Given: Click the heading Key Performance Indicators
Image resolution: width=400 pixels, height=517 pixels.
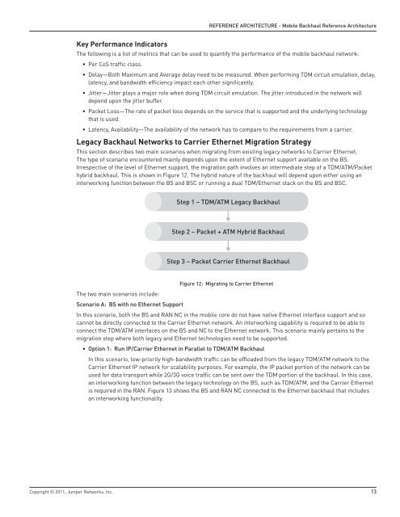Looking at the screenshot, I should [x=121, y=41].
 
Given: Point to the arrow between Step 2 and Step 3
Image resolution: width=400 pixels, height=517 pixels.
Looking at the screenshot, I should [x=229, y=247].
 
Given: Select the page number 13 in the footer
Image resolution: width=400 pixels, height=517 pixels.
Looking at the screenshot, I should [x=373, y=490].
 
